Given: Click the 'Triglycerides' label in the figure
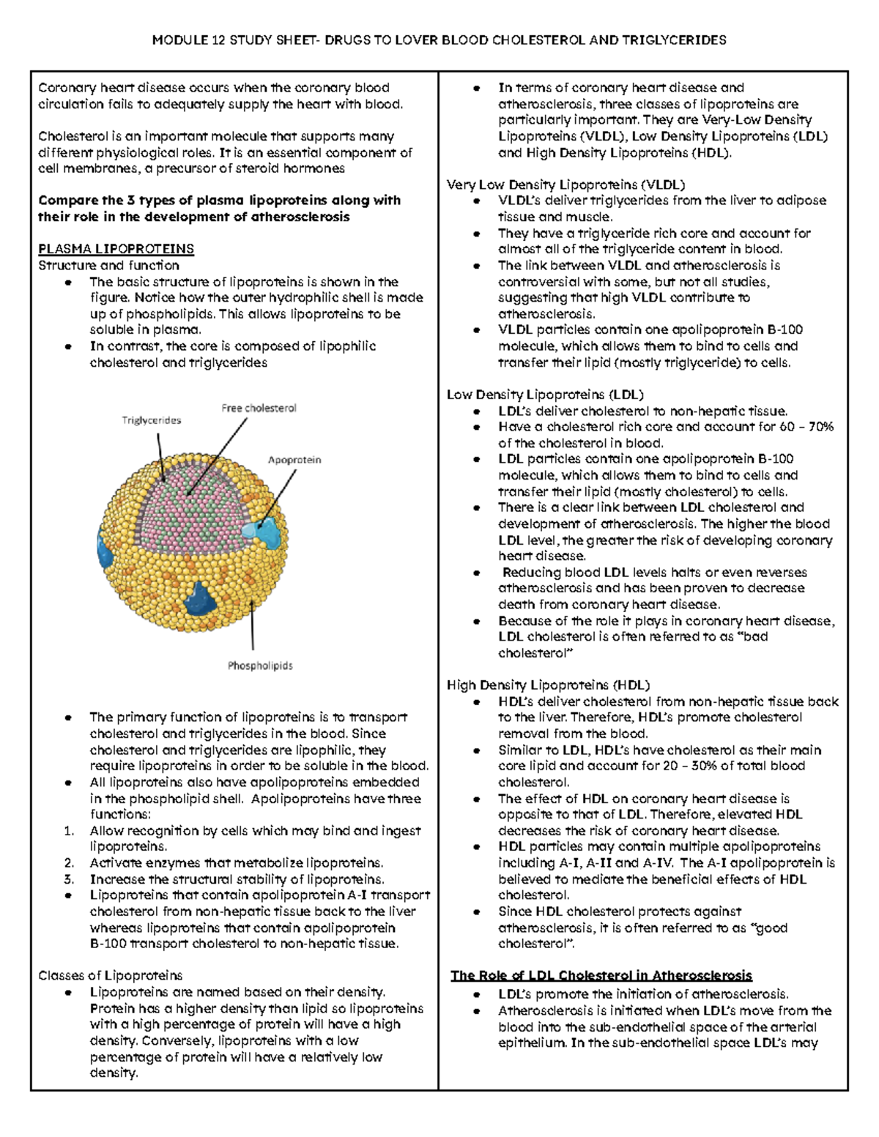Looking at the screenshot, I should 151,420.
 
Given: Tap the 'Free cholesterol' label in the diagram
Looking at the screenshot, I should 259,408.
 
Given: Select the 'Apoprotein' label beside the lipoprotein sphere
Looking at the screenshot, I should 294,460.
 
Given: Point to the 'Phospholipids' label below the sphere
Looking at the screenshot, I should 260,666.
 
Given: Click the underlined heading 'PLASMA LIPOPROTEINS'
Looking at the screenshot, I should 116,249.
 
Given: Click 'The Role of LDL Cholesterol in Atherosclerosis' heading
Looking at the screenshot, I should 601,975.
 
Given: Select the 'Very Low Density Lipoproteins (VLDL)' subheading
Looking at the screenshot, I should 565,184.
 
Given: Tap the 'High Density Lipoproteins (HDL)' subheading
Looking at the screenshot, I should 548,685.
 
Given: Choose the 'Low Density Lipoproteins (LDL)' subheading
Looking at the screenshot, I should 545,395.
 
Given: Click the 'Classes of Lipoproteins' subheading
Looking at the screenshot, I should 110,975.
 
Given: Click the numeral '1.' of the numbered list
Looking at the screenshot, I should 70,831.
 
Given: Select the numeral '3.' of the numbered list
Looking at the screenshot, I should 70,879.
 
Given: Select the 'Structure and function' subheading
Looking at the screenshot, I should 108,265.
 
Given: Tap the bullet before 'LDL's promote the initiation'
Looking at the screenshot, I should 477,995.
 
